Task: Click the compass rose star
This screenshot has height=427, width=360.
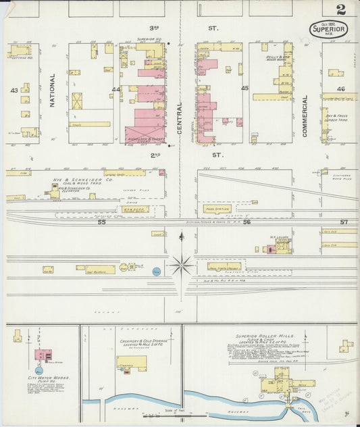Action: (x=180, y=264)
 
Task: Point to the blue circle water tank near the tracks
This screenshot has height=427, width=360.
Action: (x=156, y=272)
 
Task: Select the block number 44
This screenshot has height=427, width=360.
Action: (x=116, y=89)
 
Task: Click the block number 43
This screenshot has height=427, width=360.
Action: (x=13, y=90)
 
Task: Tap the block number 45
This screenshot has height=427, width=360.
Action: (x=245, y=89)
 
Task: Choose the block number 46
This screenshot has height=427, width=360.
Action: (x=341, y=89)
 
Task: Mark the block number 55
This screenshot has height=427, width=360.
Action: (x=101, y=222)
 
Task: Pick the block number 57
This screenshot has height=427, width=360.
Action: (x=344, y=222)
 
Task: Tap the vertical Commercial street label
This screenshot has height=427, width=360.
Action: (x=305, y=116)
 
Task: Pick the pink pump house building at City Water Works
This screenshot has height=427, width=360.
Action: (x=44, y=355)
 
